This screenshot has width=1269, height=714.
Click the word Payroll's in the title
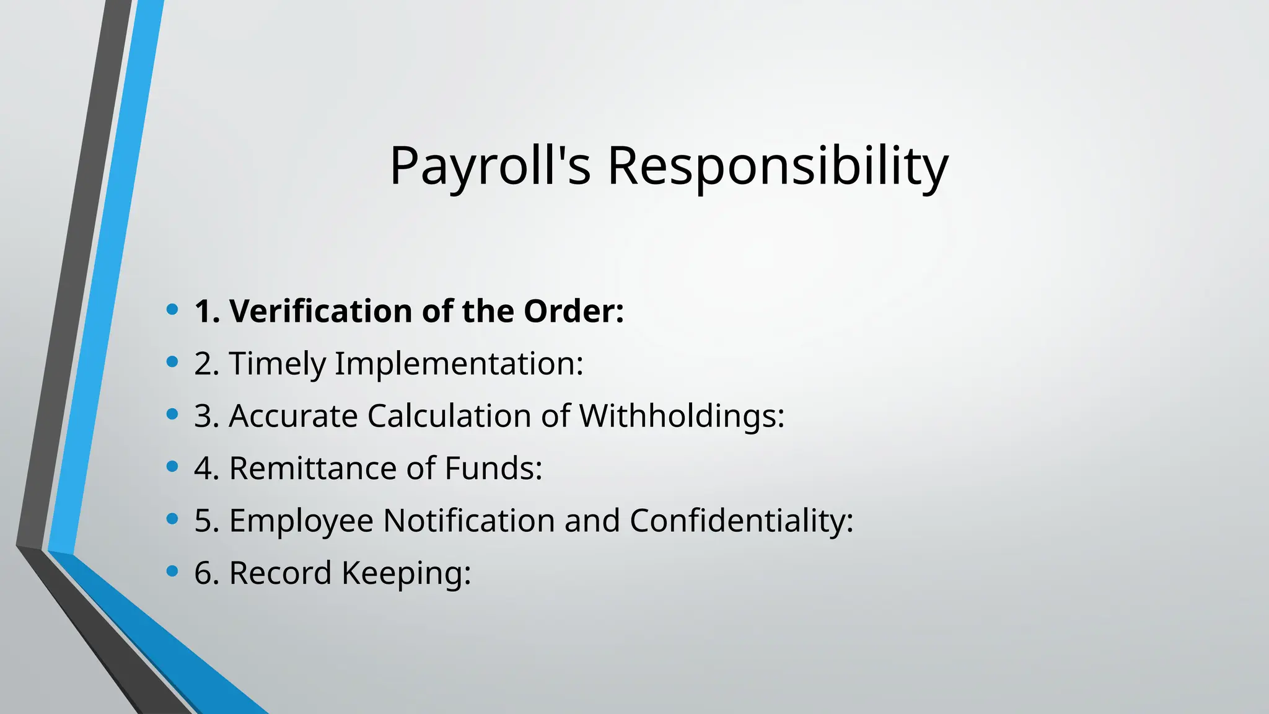click(x=490, y=166)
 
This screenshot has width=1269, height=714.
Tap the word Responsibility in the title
click(x=778, y=166)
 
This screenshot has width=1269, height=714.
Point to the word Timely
click(x=277, y=363)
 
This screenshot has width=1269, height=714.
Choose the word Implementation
click(x=459, y=363)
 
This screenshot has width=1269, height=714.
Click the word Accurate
click(x=293, y=415)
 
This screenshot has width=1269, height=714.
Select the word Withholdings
click(x=681, y=415)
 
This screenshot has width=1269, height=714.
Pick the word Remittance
click(x=313, y=468)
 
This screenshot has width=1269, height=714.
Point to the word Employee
click(x=301, y=520)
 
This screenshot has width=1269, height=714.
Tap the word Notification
click(x=468, y=520)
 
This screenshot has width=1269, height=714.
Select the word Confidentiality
click(x=741, y=520)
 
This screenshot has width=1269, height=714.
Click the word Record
click(x=280, y=573)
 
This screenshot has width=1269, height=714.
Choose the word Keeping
click(x=406, y=573)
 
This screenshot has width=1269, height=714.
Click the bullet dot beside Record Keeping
click(x=173, y=570)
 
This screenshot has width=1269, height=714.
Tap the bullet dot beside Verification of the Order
click(x=173, y=309)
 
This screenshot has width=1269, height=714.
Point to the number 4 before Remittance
click(x=204, y=468)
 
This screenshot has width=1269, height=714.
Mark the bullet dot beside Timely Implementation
click(x=173, y=361)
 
